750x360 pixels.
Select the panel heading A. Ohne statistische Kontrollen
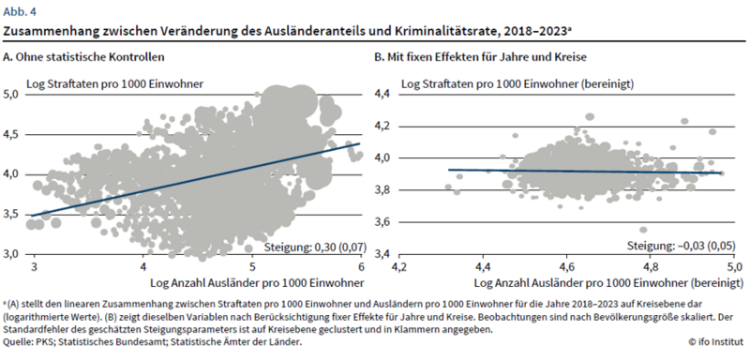[x=83, y=57]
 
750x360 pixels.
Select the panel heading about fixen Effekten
[x=480, y=57]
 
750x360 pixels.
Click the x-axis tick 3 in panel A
[x=35, y=266]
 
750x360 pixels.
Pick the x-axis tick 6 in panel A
[x=361, y=266]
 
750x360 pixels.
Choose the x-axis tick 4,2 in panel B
[x=400, y=266]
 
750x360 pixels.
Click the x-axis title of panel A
[x=257, y=282]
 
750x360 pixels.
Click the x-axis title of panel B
[x=609, y=282]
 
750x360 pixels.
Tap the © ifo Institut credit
[x=716, y=342]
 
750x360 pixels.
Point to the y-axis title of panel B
[x=517, y=84]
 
